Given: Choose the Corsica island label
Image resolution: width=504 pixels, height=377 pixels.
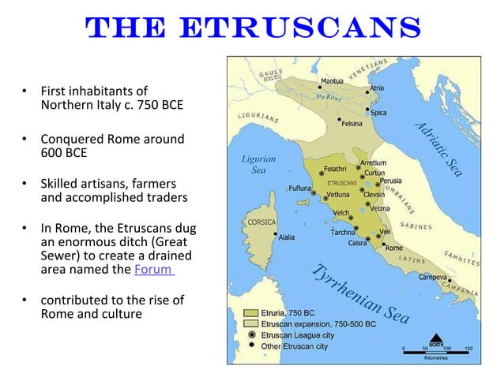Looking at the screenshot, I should pyautogui.click(x=261, y=222).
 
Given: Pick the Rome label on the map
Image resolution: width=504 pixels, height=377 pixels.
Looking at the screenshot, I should pyautogui.click(x=393, y=247).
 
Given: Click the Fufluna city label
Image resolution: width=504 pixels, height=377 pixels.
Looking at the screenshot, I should pyautogui.click(x=299, y=188).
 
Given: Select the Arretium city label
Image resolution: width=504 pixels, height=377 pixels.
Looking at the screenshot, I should pyautogui.click(x=373, y=162).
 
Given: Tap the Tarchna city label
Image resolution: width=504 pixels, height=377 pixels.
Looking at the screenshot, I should pyautogui.click(x=341, y=233).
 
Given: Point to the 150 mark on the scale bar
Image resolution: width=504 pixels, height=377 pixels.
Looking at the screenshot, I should pyautogui.click(x=468, y=347).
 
